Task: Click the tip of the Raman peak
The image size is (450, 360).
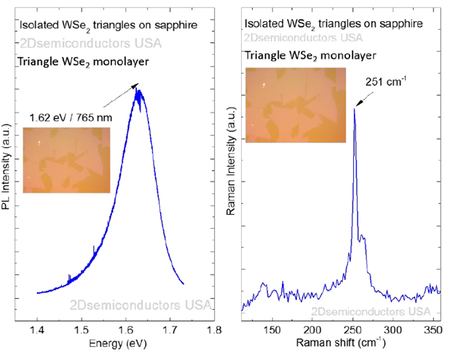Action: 355,109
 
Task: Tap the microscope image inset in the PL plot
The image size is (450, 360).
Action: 66,160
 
